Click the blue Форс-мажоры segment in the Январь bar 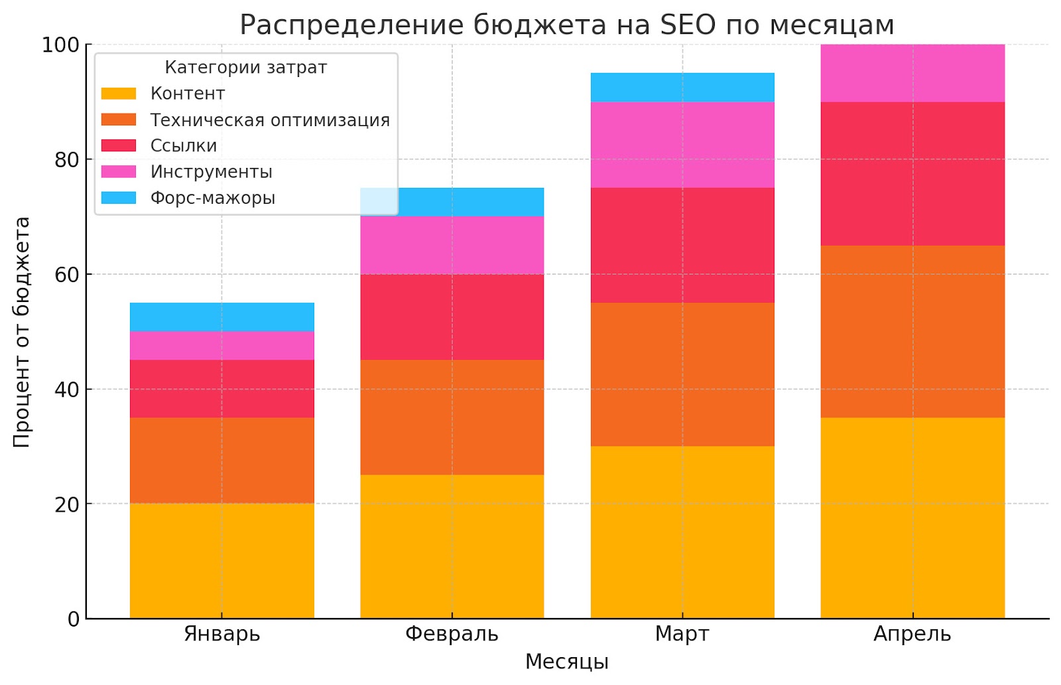coord(221,317)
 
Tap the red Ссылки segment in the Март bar coord(682,245)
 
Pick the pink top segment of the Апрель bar coord(912,73)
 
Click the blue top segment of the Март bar coord(682,87)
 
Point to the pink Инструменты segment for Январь coord(221,345)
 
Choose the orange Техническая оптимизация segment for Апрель coord(912,331)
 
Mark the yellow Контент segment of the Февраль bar coord(452,546)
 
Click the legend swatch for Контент coord(119,94)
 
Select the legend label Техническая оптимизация coord(270,120)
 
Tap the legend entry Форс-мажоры coord(212,198)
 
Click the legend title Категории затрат coord(245,68)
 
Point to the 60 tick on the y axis coord(67,275)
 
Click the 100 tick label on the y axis coord(60,45)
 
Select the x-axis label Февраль coord(452,634)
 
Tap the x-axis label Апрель coord(912,634)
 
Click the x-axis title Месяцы coord(566,662)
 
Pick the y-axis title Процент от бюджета coord(22,332)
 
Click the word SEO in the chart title coord(688,25)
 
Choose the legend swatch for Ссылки coord(119,145)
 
